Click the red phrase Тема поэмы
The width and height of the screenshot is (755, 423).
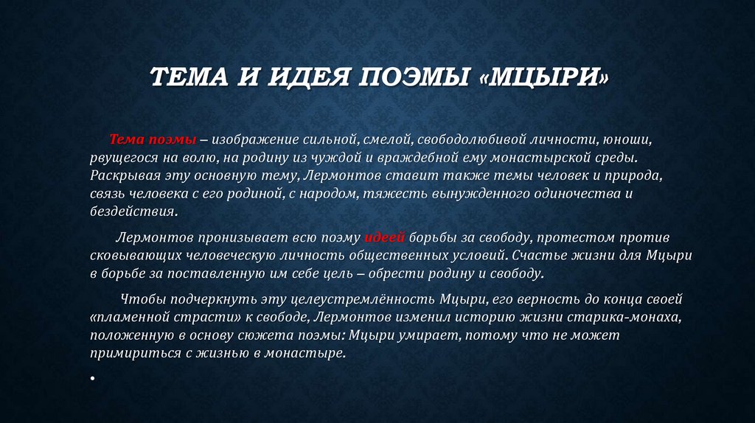coord(153,140)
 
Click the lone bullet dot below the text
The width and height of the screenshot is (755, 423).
coord(93,378)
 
